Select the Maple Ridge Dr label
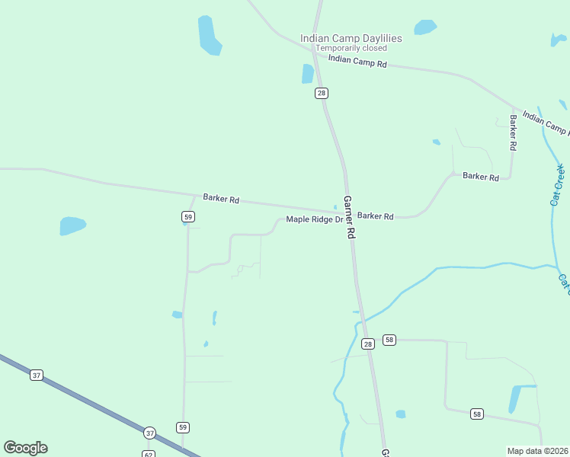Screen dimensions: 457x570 click(x=315, y=220)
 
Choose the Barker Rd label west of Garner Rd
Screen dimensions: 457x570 click(x=221, y=200)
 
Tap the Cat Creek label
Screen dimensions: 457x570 click(x=558, y=185)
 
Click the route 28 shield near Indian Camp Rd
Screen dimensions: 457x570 click(x=322, y=93)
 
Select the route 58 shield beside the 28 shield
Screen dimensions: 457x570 click(x=389, y=340)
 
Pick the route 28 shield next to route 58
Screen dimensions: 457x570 click(x=368, y=344)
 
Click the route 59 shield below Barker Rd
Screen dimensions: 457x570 click(x=187, y=217)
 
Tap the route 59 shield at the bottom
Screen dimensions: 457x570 click(x=182, y=427)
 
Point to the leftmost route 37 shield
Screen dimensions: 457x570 click(x=36, y=375)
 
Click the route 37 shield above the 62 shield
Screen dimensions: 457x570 click(x=149, y=433)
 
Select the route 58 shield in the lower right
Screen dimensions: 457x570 click(x=477, y=414)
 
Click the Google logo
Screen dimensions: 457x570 click(x=25, y=448)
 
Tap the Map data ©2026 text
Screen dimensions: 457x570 click(x=537, y=451)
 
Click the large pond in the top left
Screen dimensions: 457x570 click(x=209, y=35)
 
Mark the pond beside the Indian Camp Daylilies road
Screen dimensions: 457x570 click(x=308, y=73)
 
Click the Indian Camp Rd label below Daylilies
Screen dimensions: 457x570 click(x=358, y=62)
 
